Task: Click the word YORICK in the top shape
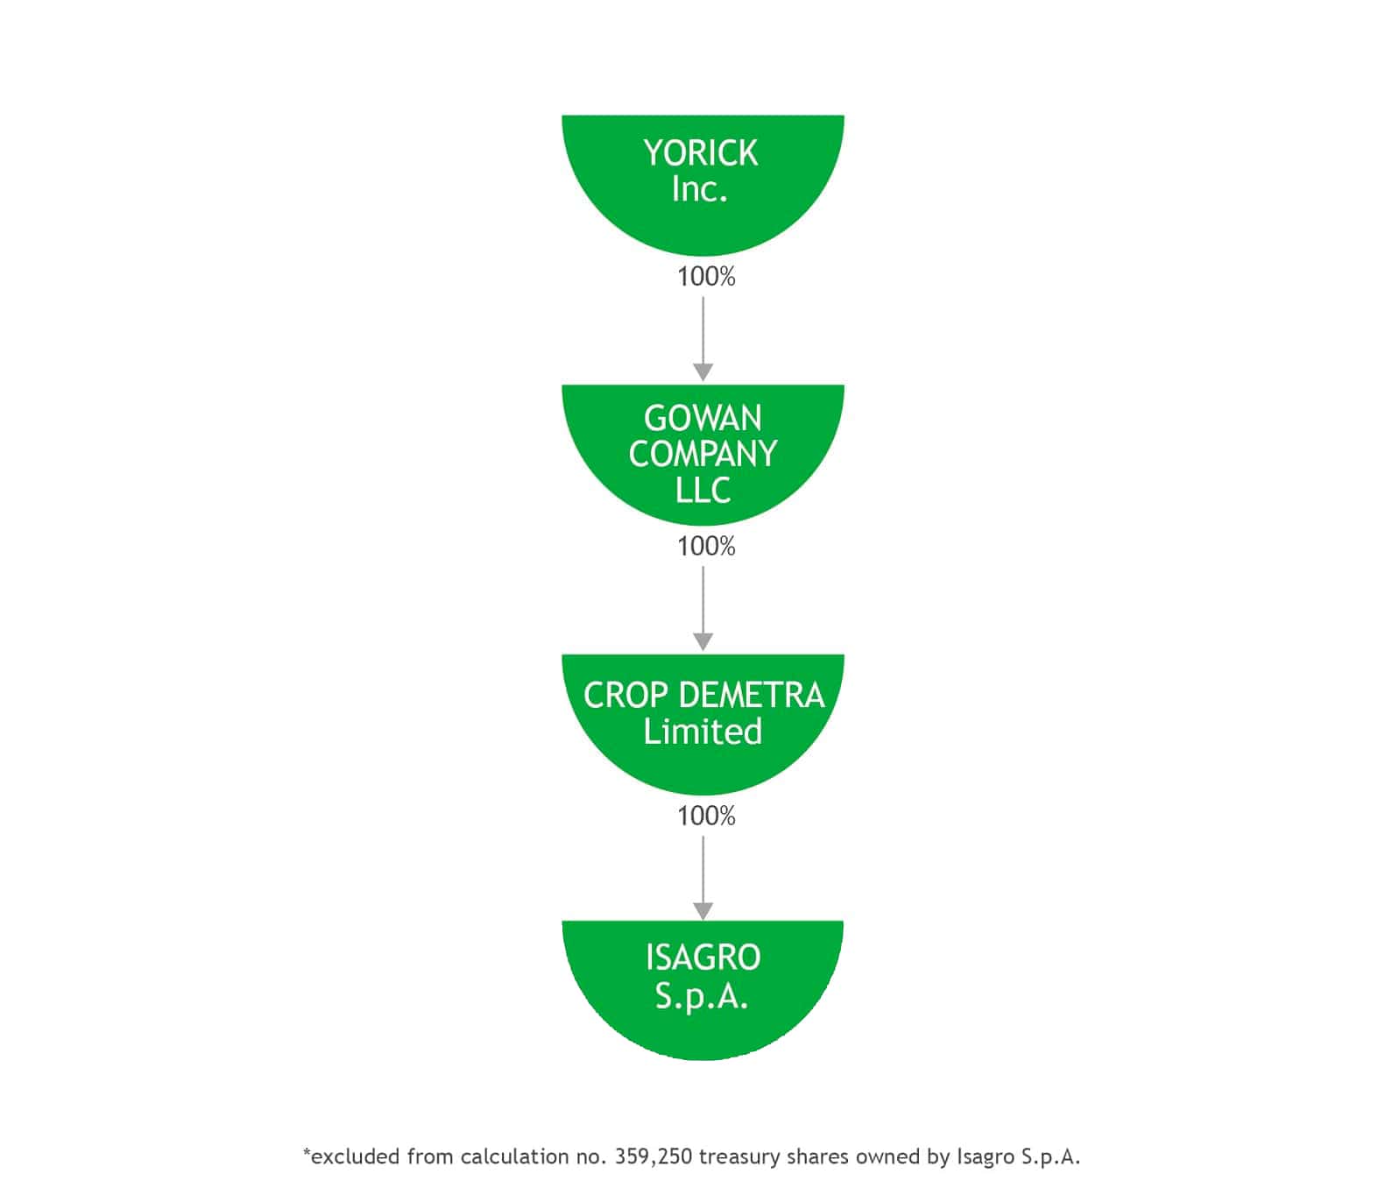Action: click(701, 152)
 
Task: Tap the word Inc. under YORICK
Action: click(700, 189)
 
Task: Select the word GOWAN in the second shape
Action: click(703, 418)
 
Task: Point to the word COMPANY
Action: click(703, 455)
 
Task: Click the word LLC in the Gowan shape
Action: click(703, 490)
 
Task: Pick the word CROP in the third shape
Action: click(625, 696)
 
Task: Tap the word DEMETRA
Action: click(752, 696)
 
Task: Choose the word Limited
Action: click(703, 732)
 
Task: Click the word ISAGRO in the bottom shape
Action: click(703, 958)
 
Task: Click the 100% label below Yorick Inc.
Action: click(706, 277)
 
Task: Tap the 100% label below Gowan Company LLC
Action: click(706, 546)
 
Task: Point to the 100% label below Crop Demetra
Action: click(706, 816)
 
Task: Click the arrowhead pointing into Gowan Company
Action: click(703, 372)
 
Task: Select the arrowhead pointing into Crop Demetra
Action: click(703, 641)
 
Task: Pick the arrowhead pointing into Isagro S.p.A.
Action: click(703, 911)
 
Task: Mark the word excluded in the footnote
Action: click(356, 1156)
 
